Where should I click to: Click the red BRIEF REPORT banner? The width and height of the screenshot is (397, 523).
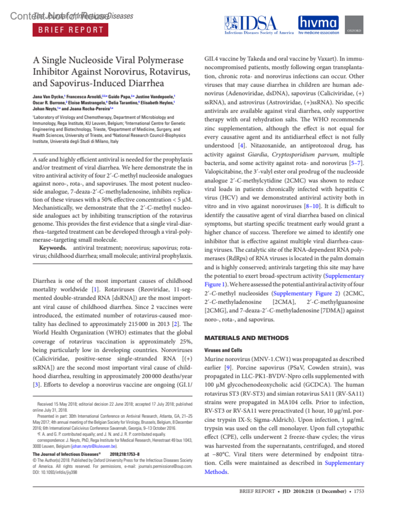click(x=70, y=30)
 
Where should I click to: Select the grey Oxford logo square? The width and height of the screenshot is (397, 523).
click(x=354, y=25)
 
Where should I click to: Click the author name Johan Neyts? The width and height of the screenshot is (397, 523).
click(x=44, y=109)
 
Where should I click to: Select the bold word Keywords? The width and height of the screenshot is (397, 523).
click(x=53, y=248)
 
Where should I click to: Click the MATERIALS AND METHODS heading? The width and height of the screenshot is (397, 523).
click(x=246, y=338)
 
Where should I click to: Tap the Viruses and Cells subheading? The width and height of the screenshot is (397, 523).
click(x=223, y=350)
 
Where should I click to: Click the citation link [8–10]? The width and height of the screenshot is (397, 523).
click(x=312, y=206)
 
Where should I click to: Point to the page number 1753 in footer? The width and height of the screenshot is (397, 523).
click(x=359, y=491)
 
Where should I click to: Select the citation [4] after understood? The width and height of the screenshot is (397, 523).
click(x=242, y=146)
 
